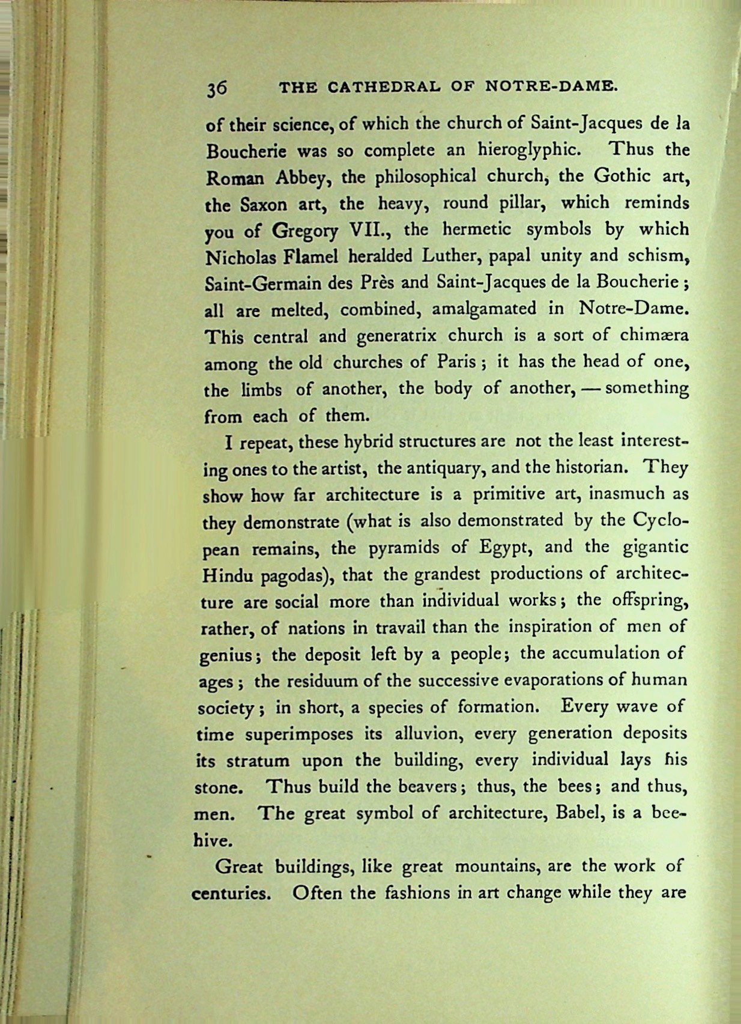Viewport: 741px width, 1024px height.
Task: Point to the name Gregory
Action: [x=306, y=231]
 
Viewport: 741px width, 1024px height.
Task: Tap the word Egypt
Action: [x=503, y=548]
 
